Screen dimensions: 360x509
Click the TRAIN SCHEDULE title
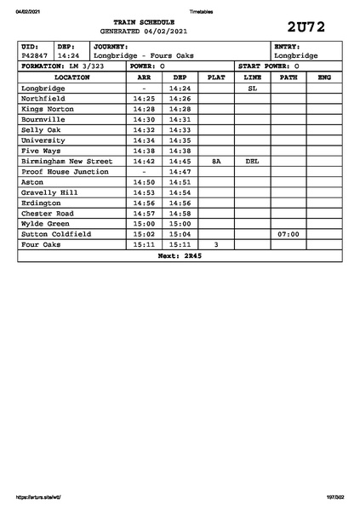tap(143, 22)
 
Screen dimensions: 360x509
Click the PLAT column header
tap(216, 77)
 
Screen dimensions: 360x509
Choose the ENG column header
tap(323, 77)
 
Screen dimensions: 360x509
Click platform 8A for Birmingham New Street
tap(216, 161)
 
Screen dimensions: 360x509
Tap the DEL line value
tap(252, 161)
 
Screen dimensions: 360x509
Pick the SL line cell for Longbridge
tap(252, 88)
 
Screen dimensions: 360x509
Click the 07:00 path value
tap(288, 234)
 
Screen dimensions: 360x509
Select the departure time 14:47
tap(180, 172)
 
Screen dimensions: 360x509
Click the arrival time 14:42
tap(144, 161)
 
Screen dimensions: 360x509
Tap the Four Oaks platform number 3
tap(216, 244)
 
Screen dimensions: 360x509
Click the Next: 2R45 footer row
tap(180, 255)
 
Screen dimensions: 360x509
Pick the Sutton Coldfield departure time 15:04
tap(180, 234)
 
